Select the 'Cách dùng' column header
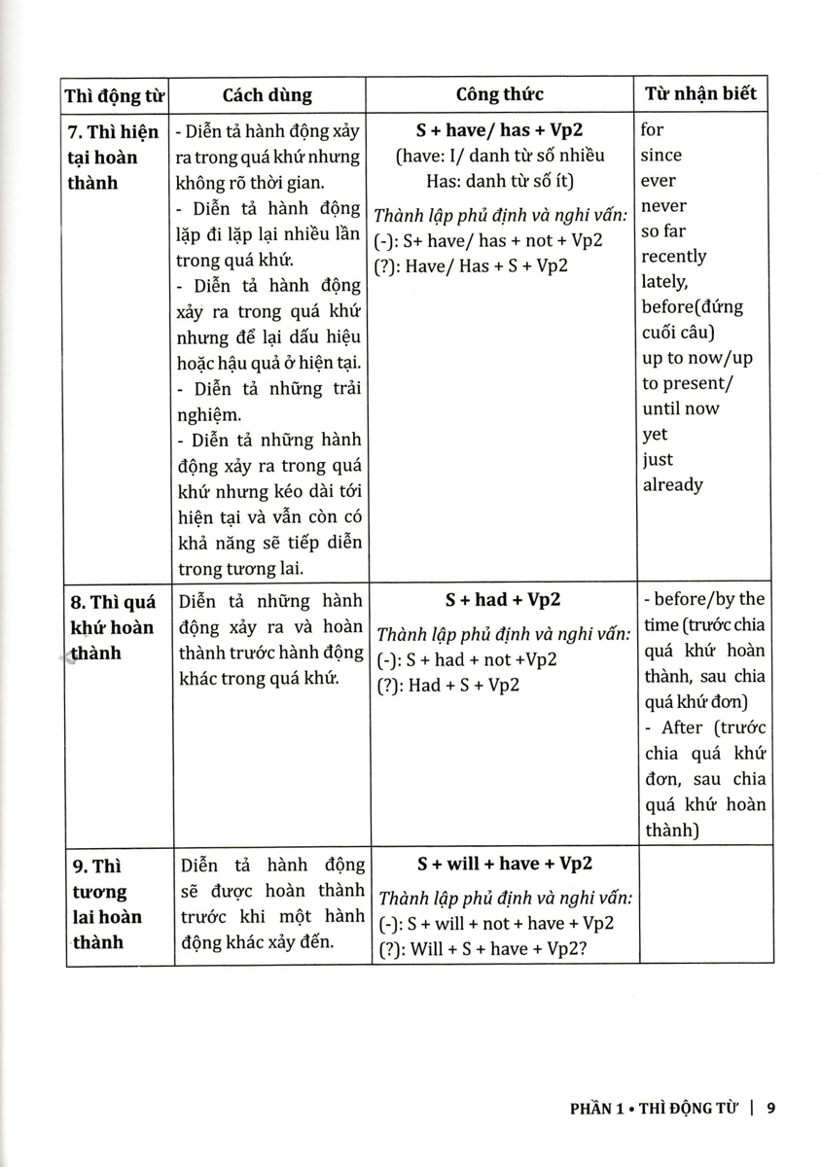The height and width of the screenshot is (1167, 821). pos(267,95)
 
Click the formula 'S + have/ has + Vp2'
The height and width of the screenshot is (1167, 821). pos(502,130)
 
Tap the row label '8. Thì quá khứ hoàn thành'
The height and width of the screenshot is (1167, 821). pos(114,626)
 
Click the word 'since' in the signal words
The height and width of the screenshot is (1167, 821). pos(661,155)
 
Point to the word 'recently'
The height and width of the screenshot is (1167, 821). pos(674,257)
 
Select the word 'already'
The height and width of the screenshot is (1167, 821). pos(672,484)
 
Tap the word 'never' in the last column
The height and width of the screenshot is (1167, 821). pos(663,206)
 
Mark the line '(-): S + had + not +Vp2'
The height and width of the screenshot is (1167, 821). pos(466,660)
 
